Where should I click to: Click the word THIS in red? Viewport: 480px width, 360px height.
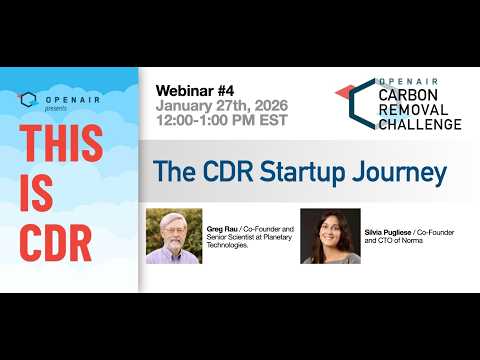tap(60, 143)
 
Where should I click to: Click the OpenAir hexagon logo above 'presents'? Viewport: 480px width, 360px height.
tap(28, 99)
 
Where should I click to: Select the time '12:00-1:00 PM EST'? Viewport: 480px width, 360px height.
tap(221, 121)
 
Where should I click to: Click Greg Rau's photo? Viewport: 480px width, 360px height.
tap(174, 235)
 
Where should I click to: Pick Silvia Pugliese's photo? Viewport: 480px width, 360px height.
tap(330, 235)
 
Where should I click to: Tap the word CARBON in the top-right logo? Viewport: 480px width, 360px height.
tap(407, 94)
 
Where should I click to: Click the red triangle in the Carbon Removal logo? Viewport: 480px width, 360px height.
tap(343, 92)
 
